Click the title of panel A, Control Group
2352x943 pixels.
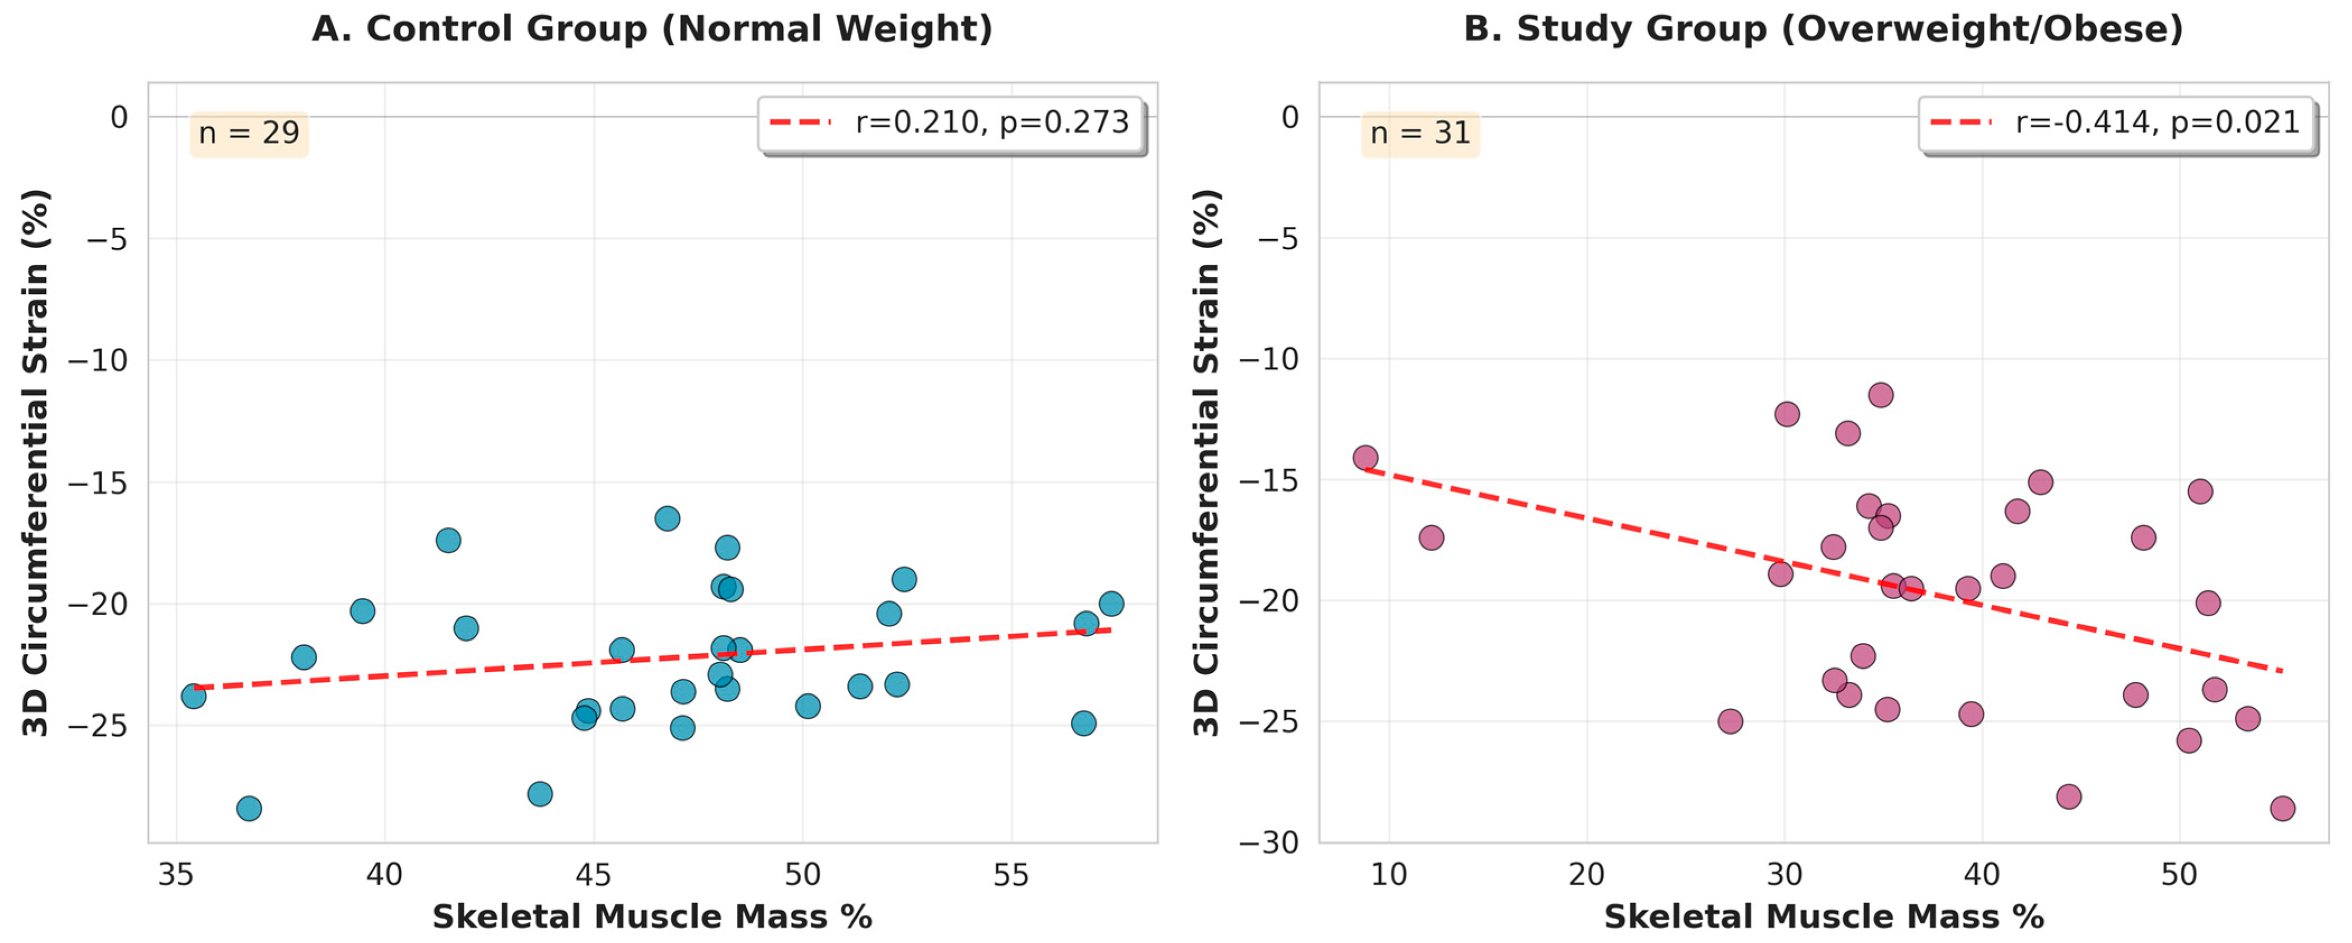click(x=652, y=29)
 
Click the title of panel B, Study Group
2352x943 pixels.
click(x=1823, y=29)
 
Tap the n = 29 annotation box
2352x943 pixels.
click(x=249, y=133)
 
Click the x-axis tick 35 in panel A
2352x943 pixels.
click(x=176, y=875)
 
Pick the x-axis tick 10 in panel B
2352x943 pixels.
click(x=1389, y=875)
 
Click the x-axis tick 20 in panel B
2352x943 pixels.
click(x=1587, y=875)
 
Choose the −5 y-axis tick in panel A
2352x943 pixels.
click(x=107, y=239)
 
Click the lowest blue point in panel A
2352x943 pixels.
click(x=249, y=808)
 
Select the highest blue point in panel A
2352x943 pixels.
click(x=668, y=519)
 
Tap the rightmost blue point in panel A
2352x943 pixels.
click(x=1111, y=604)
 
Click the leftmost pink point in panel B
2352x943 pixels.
click(x=1365, y=458)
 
